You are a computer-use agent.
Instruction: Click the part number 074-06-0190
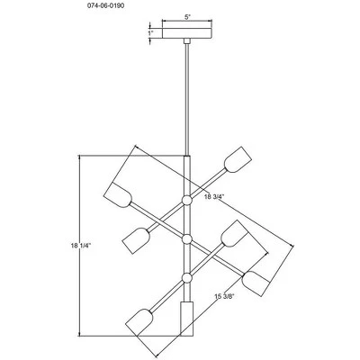pos(106,5)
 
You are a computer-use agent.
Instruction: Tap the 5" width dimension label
pos(187,17)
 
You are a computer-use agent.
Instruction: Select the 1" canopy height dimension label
pos(150,33)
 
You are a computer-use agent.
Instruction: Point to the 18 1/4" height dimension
pos(81,246)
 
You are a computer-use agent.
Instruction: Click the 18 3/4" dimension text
pos(214,197)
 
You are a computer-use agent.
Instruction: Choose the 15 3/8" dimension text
pos(224,297)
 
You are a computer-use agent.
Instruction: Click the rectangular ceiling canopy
pos(187,33)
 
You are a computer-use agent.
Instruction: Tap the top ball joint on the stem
pos(187,200)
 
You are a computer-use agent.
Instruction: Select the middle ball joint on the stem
pos(187,239)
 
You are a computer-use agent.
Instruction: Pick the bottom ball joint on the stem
pos(187,278)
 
